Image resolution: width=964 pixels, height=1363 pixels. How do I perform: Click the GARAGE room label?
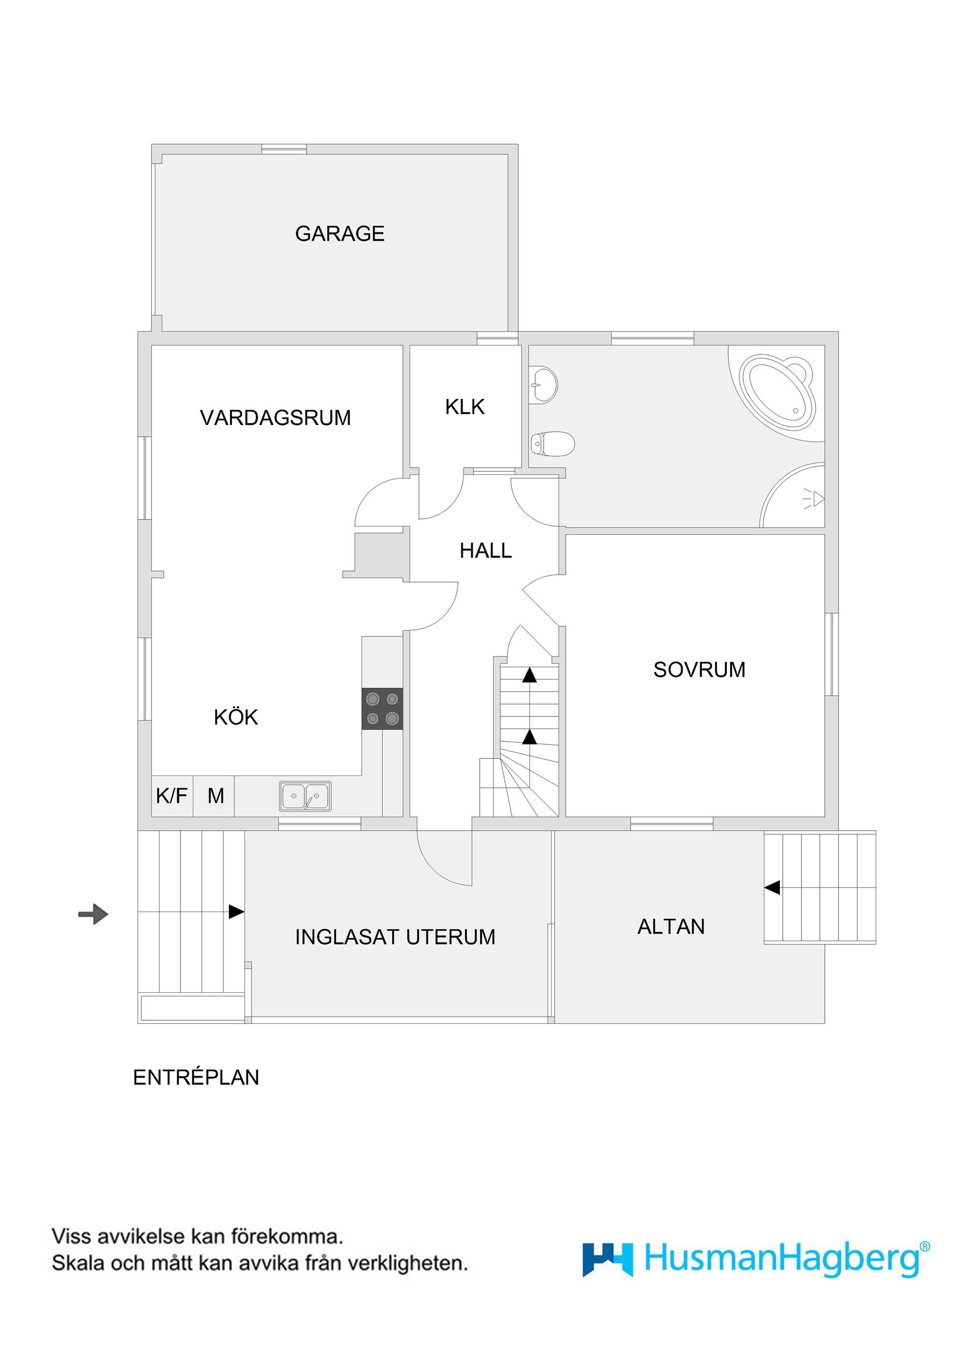[x=340, y=234]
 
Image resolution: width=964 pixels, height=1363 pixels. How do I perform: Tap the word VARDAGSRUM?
[x=276, y=418]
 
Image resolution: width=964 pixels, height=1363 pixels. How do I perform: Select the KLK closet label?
[x=465, y=407]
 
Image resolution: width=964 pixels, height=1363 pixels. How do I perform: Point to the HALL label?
[x=486, y=551]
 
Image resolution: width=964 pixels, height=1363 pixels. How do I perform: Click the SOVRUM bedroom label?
[x=699, y=670]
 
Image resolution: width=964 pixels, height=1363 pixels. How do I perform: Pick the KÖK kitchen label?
[x=236, y=718]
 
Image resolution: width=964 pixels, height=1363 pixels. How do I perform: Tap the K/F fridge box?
[x=172, y=796]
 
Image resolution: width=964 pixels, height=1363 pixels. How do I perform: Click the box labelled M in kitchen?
[x=215, y=796]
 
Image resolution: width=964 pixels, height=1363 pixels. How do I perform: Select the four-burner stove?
[x=382, y=709]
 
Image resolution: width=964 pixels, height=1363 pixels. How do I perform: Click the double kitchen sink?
[x=306, y=796]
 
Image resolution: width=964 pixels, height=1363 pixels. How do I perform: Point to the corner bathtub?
[x=777, y=392]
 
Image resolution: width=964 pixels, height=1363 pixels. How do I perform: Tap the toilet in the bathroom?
[x=552, y=443]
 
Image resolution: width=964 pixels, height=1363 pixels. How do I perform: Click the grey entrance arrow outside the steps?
[x=93, y=913]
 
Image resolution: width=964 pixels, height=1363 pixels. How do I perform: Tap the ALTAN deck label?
[x=671, y=927]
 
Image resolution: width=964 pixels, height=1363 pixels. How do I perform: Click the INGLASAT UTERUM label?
[x=395, y=937]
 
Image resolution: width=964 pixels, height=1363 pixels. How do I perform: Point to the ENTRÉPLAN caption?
[x=196, y=1077]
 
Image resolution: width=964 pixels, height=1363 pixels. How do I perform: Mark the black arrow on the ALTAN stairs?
[x=772, y=888]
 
